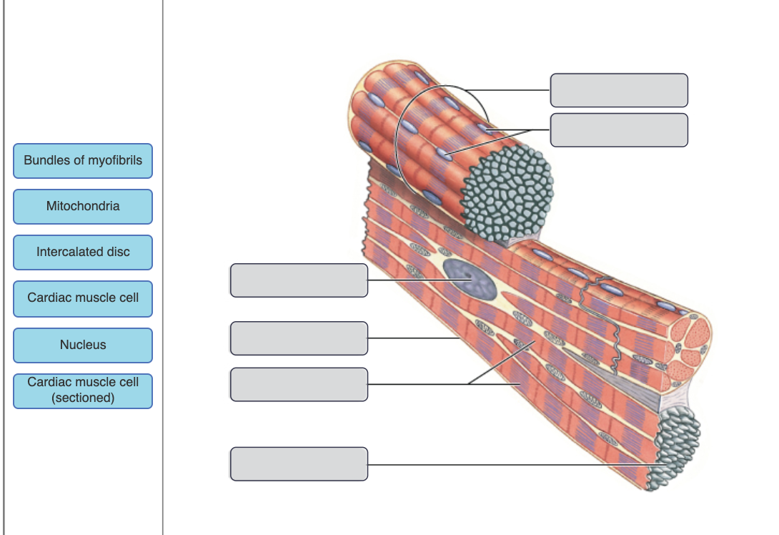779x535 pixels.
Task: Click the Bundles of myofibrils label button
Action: [83, 161]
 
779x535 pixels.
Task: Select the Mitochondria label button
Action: [83, 207]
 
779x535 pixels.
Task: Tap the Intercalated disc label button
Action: [83, 252]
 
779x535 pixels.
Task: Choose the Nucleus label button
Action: [83, 345]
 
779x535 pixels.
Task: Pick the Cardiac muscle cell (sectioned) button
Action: [83, 391]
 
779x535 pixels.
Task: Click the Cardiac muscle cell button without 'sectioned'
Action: [83, 298]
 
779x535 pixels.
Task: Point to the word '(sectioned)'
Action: [83, 398]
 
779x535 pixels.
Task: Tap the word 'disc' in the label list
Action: [118, 252]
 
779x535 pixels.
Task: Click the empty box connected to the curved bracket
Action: [619, 90]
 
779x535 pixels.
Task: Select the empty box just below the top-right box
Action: [619, 130]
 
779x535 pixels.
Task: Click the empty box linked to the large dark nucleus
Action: [299, 280]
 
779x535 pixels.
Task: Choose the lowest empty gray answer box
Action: [299, 464]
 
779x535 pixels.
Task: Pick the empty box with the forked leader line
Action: [299, 385]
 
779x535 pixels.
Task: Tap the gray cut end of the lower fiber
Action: [675, 447]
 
